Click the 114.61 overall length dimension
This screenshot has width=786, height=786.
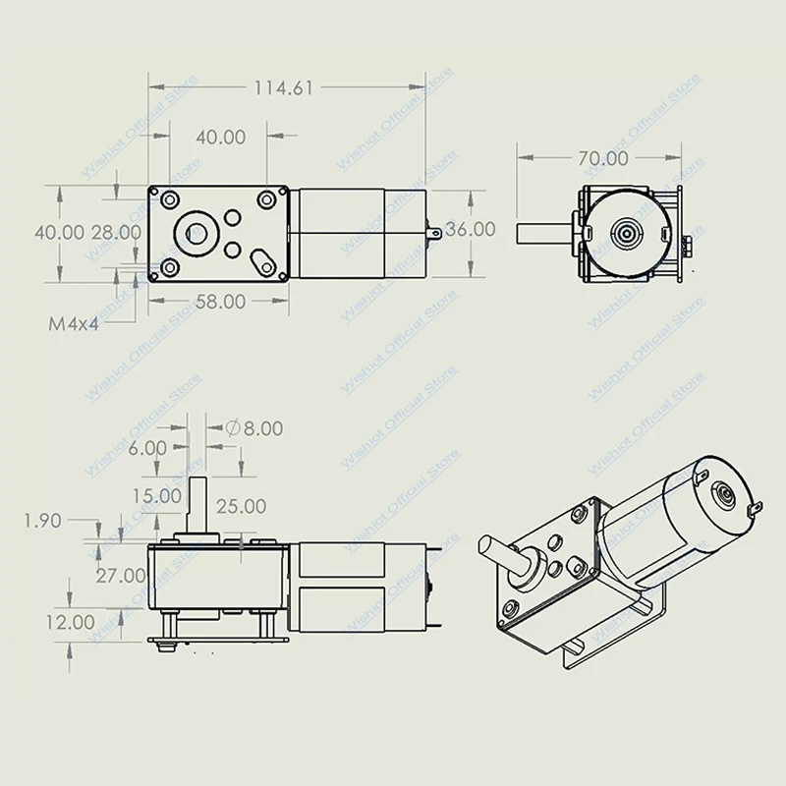tap(283, 88)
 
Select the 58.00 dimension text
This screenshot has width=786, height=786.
tap(220, 303)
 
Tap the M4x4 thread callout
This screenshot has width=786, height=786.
tap(74, 322)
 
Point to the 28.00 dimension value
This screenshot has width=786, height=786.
tap(116, 233)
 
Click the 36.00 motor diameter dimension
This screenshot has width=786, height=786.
tap(470, 229)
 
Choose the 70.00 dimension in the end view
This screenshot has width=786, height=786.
tap(602, 158)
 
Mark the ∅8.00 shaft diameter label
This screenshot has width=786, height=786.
tap(254, 428)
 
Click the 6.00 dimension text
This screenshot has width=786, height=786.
tap(147, 448)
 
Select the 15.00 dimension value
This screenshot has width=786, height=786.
tap(158, 497)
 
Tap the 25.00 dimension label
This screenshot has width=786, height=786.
tap(241, 507)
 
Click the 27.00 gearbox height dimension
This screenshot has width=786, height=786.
tap(121, 575)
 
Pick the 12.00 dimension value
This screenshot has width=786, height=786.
tap(70, 622)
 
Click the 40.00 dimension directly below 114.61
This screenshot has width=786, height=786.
tap(220, 138)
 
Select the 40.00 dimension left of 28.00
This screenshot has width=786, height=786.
tap(59, 233)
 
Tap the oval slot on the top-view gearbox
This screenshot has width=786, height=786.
tap(262, 260)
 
